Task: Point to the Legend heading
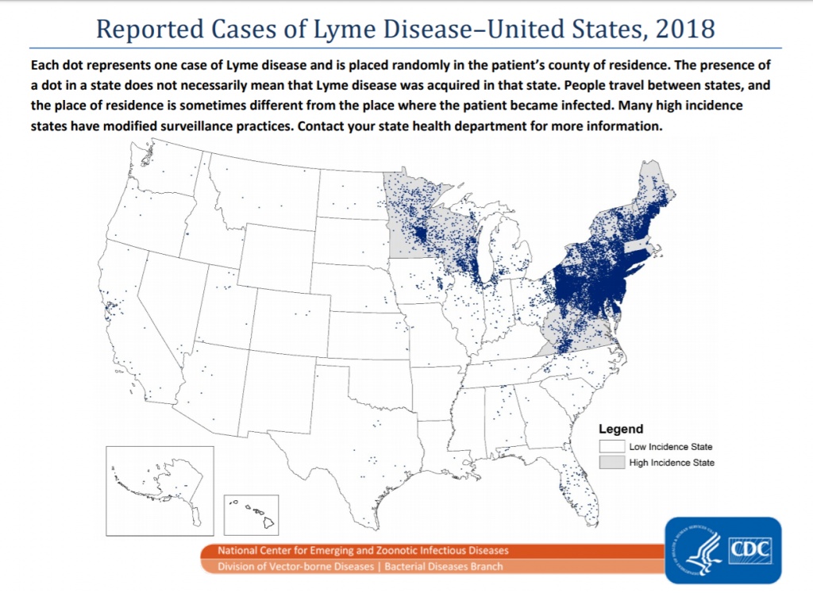point(621,429)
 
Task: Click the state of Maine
point(657,191)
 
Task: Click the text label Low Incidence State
point(670,447)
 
